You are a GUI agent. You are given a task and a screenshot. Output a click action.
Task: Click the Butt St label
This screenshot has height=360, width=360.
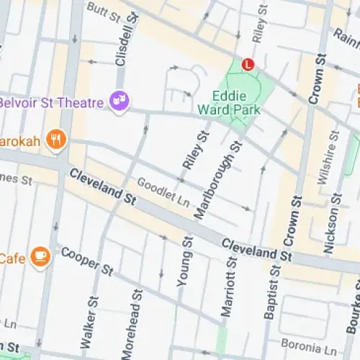[x=102, y=9]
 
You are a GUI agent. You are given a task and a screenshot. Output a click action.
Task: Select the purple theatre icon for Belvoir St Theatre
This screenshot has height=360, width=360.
[x=118, y=102]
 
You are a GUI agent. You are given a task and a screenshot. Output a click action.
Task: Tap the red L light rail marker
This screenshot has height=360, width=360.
[x=248, y=64]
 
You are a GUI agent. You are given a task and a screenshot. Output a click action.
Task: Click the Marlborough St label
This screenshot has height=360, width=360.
[x=218, y=179]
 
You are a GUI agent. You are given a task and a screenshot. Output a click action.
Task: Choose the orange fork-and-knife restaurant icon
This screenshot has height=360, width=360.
[x=55, y=138]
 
